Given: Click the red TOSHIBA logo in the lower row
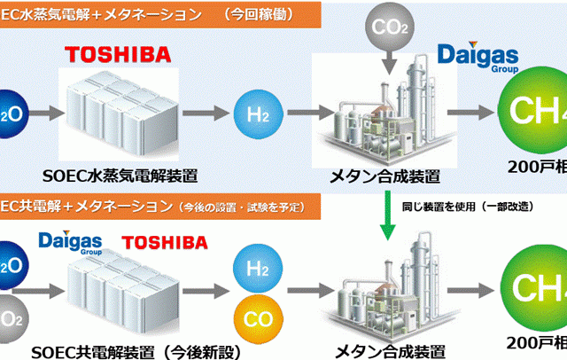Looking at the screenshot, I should pyautogui.click(x=164, y=241).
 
